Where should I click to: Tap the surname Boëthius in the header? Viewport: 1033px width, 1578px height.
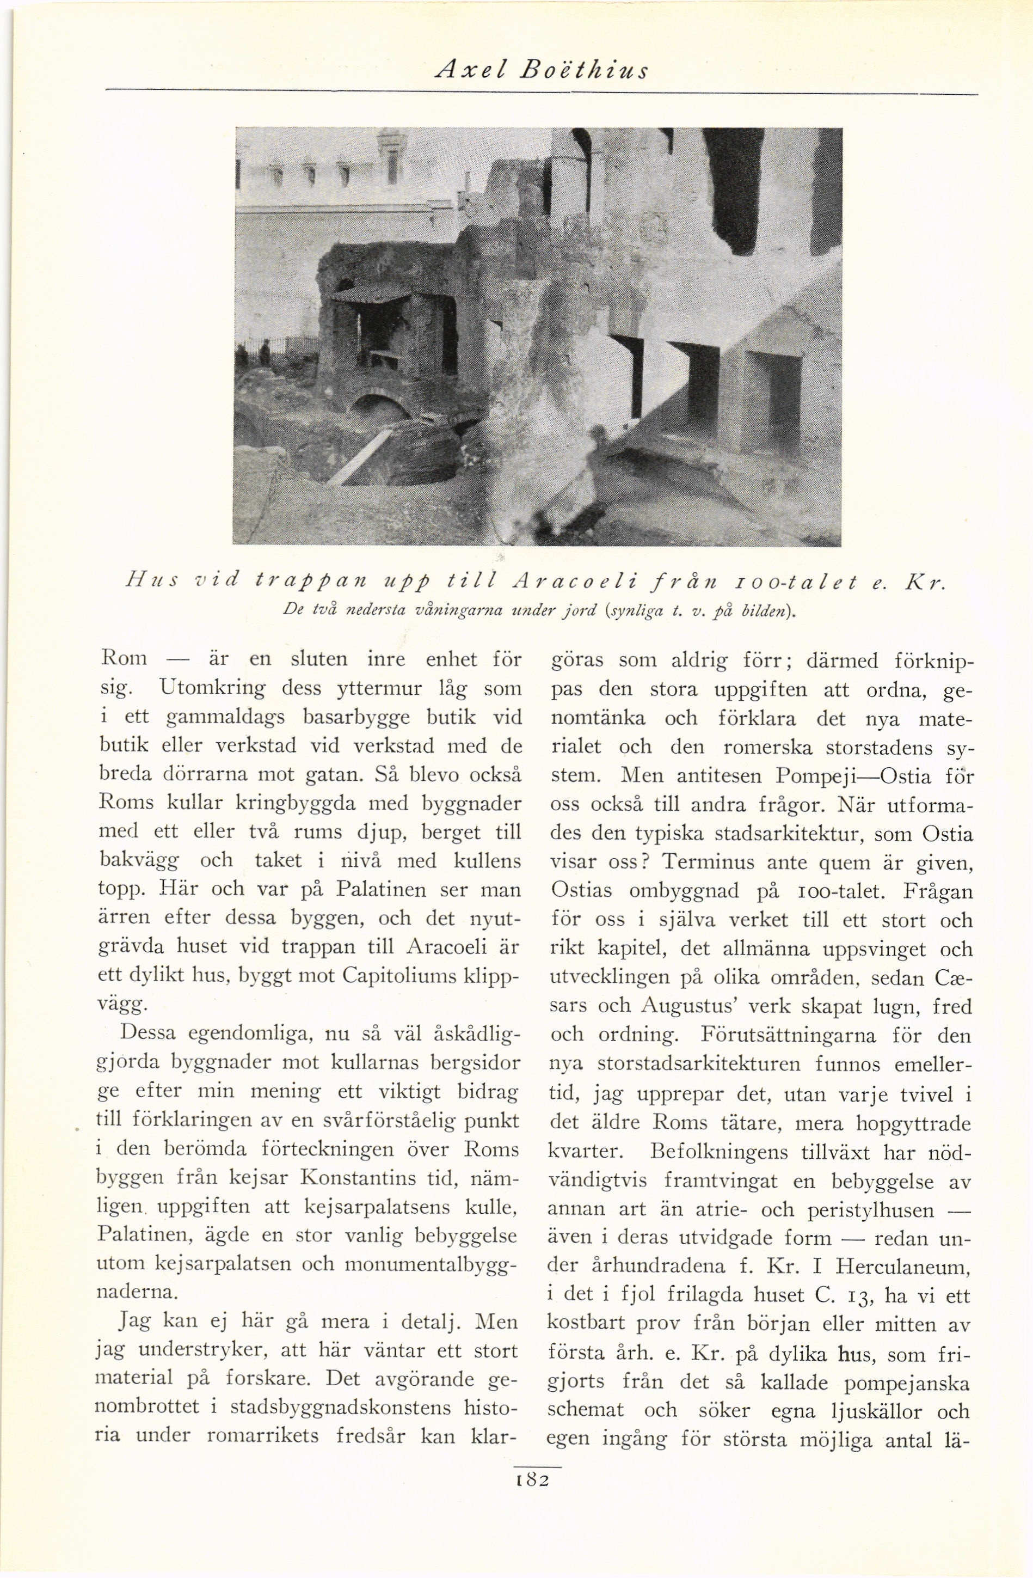(x=584, y=69)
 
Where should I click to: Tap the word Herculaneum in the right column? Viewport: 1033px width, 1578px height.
(x=902, y=1268)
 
